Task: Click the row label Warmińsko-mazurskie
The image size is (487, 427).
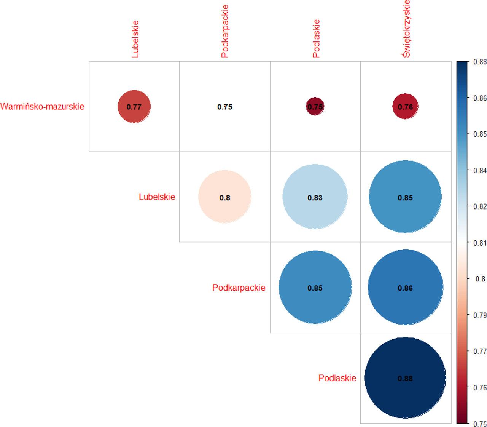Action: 42,106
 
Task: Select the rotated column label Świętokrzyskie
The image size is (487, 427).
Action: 406,29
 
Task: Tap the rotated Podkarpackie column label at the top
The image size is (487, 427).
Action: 225,31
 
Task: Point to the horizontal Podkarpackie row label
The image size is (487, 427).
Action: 239,288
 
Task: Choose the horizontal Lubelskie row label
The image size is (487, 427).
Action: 157,197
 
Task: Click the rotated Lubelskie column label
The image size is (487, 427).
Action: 135,39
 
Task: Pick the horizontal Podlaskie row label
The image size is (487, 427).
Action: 337,378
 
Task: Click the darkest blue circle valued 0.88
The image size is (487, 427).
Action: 405,378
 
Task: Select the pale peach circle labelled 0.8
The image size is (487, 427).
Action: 225,197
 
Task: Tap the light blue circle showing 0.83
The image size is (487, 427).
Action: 315,197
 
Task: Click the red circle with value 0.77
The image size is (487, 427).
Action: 134,107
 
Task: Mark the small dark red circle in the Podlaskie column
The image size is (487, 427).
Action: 315,107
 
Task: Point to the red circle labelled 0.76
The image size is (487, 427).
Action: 405,107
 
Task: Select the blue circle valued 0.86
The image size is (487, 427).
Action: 405,288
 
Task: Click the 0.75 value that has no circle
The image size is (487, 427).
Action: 225,107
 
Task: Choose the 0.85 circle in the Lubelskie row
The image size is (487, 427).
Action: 405,197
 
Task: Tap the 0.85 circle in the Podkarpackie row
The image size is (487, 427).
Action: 315,288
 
